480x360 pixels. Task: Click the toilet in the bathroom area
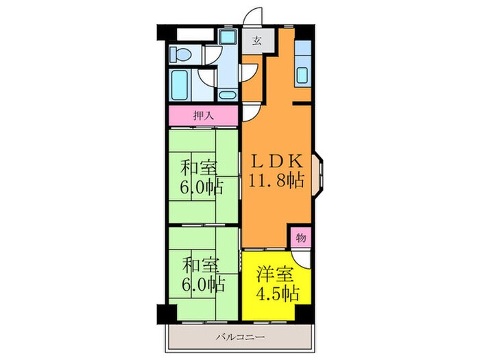[182, 53]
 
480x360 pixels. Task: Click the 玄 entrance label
[256, 41]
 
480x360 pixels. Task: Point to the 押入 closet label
[203, 115]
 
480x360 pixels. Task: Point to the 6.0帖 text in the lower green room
[202, 284]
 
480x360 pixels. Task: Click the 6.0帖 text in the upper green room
[202, 187]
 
